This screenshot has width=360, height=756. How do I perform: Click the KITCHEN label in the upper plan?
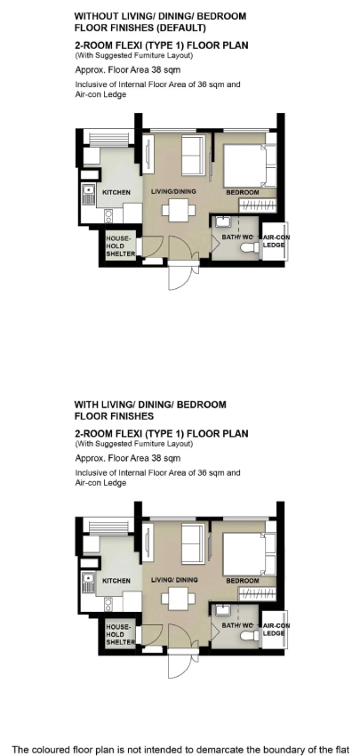116,192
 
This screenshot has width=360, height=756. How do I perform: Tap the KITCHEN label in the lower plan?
116,581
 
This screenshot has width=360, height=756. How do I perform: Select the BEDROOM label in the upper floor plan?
243,192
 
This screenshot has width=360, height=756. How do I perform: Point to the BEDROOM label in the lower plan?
243,581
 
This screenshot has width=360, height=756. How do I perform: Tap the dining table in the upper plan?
179,210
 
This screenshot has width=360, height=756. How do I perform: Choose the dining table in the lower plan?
179,599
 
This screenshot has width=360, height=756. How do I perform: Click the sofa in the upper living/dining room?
193,156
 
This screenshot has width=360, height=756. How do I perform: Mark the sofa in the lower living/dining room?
193,543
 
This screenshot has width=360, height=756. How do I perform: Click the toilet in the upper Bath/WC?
250,248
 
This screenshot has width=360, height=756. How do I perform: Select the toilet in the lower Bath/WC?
250,637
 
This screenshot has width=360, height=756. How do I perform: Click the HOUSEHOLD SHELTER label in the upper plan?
120,245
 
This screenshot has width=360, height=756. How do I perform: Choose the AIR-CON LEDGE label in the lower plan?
276,630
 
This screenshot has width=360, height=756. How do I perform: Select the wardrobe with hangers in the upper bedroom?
259,205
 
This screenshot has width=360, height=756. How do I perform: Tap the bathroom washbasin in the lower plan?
223,610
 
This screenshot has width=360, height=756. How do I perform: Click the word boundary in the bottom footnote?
260,750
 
